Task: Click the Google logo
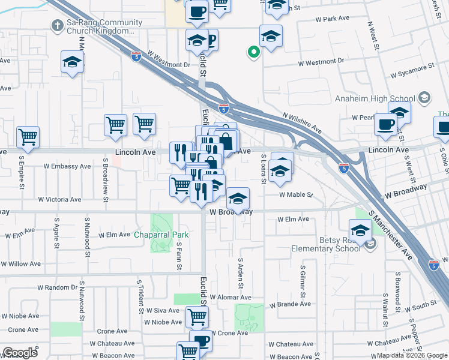(20, 353)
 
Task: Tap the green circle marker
(254, 53)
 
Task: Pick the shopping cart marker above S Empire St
(28, 136)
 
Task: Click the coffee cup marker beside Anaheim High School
(385, 124)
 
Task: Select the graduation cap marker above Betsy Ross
(360, 230)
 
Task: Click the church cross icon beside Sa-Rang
(57, 25)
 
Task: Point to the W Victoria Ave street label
(59, 199)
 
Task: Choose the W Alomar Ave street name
(231, 298)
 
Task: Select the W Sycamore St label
(412, 75)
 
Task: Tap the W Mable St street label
(297, 194)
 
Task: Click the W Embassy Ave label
(67, 166)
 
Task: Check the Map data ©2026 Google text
(411, 355)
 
